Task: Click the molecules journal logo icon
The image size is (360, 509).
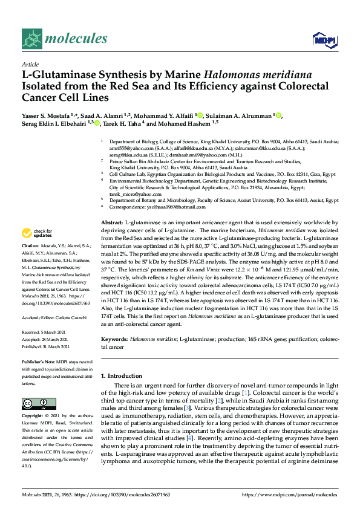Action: coord(31,39)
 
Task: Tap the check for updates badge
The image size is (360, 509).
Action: coord(37,233)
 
